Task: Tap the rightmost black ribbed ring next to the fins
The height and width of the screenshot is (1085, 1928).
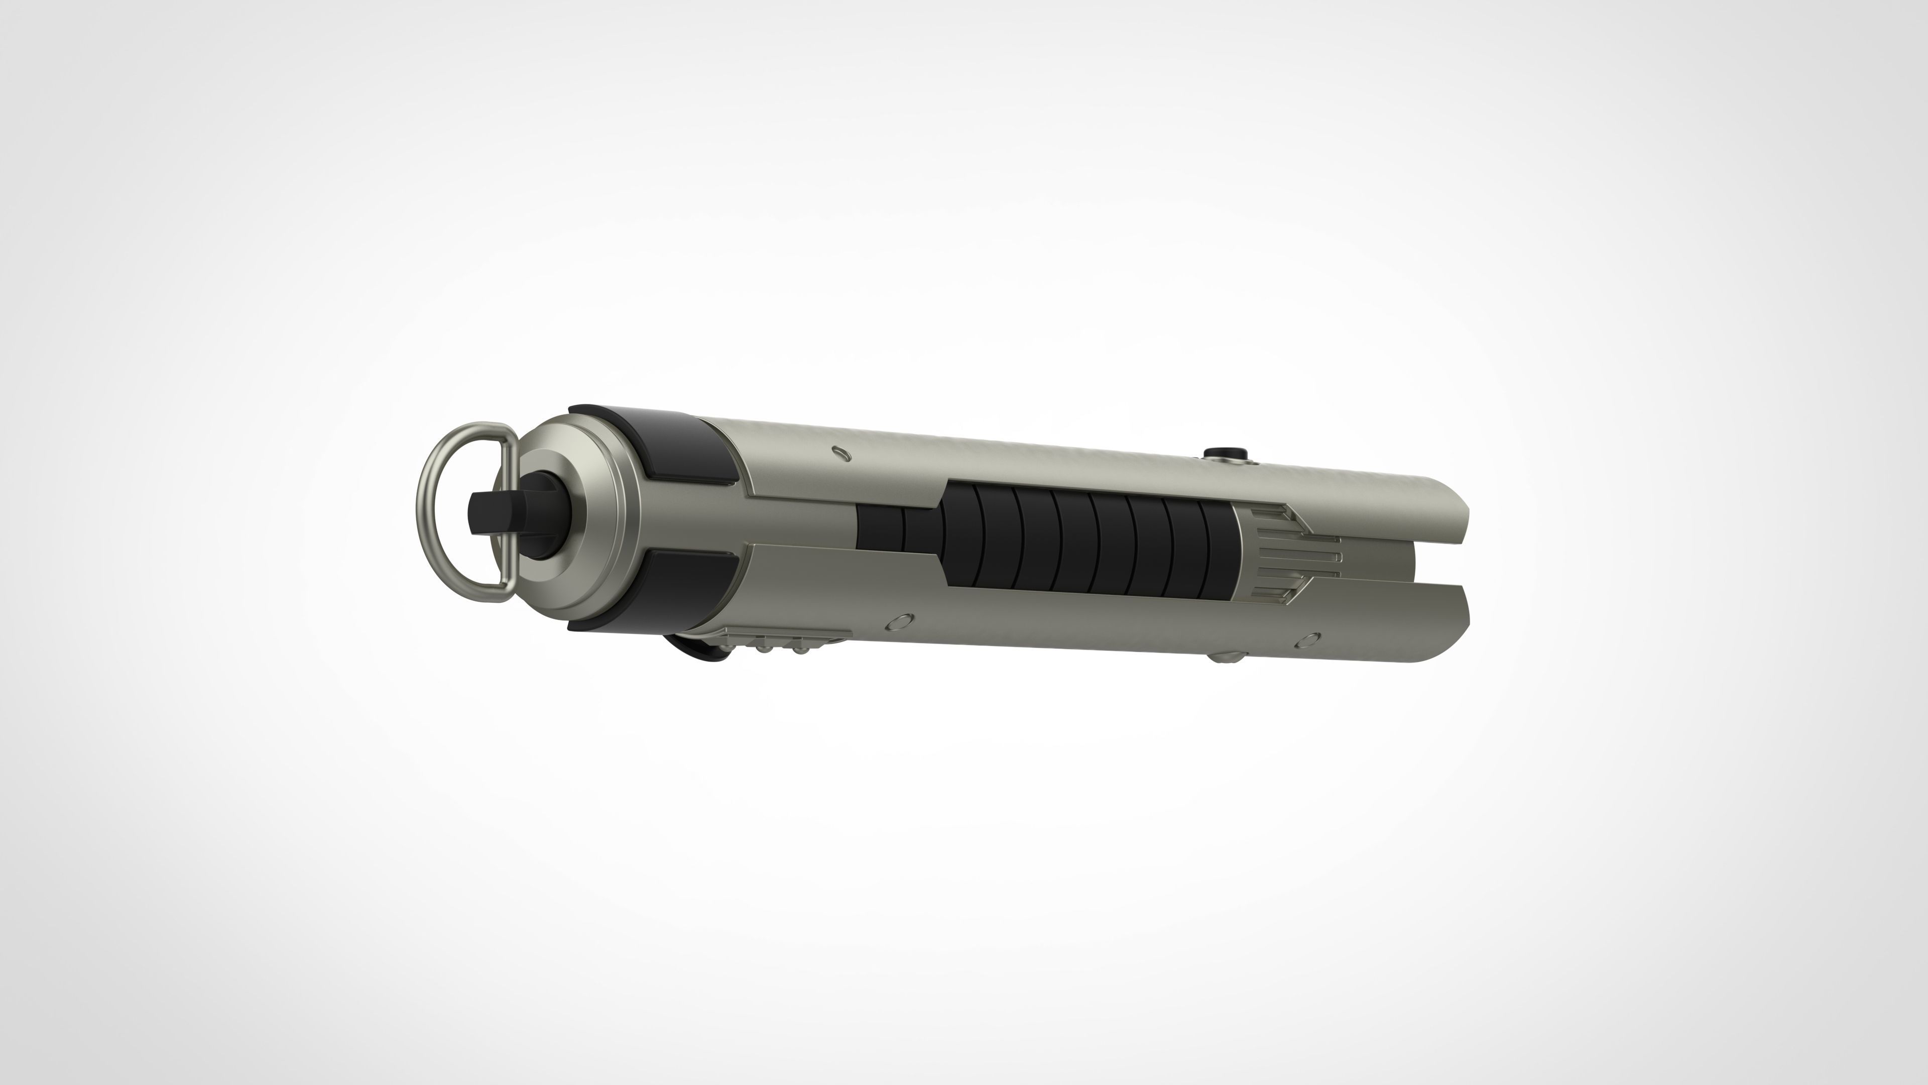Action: (1219, 551)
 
